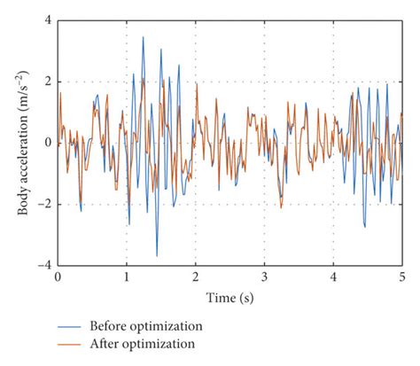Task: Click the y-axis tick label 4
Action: pos(48,19)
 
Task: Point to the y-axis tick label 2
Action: pos(48,82)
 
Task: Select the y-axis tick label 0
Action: pos(48,143)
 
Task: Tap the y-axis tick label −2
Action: pos(44,205)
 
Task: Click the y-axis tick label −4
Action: pos(44,266)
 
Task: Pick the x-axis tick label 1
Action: pos(127,277)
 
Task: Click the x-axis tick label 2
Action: pos(196,277)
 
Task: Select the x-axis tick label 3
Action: pos(265,277)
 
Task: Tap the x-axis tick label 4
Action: pos(334,277)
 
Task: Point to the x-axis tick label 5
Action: pos(402,277)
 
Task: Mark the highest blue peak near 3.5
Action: pos(143,37)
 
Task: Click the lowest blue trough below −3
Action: pos(157,255)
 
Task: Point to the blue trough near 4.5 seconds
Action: pos(364,227)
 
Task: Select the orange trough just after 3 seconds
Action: pos(281,207)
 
